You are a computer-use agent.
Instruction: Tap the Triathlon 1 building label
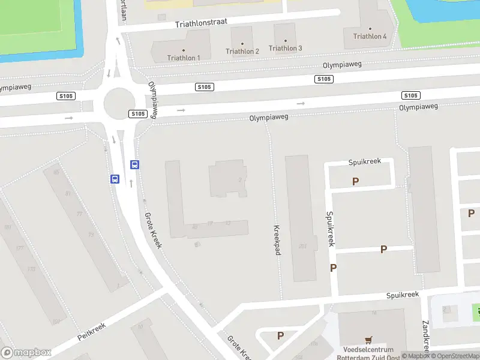[x=184, y=58]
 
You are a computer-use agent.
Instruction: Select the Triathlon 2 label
[x=242, y=51]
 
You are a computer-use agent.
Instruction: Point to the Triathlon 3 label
[x=285, y=48]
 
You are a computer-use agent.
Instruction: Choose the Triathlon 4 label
[x=370, y=36]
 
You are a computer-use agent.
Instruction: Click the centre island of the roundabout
[x=118, y=103]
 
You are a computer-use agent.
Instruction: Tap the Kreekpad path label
[x=277, y=240]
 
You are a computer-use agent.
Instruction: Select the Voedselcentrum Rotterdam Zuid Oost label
[x=368, y=353]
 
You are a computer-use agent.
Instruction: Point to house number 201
[x=302, y=245]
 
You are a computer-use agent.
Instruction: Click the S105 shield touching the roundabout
[x=138, y=114]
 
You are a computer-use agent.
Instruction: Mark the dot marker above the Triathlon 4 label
[x=370, y=28]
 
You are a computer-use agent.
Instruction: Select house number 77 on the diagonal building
[x=79, y=214]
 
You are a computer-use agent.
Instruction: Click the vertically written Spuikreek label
[x=329, y=229]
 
